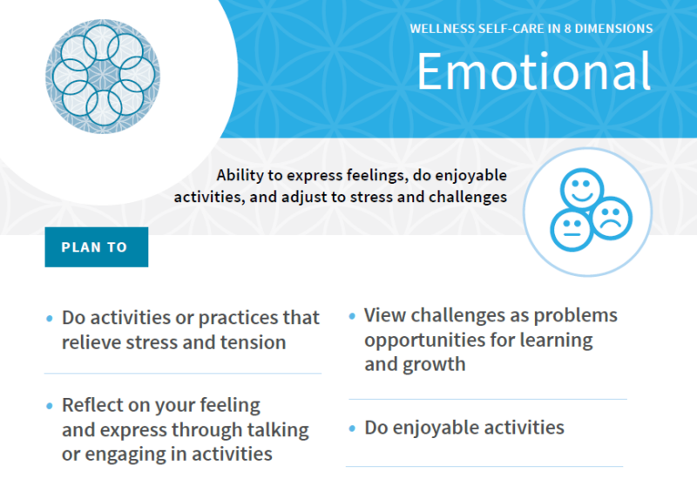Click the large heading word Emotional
533,71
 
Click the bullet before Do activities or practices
49,319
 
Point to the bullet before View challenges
352,316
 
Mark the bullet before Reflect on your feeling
49,407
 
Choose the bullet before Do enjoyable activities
352,429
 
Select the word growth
434,364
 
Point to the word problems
573,315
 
